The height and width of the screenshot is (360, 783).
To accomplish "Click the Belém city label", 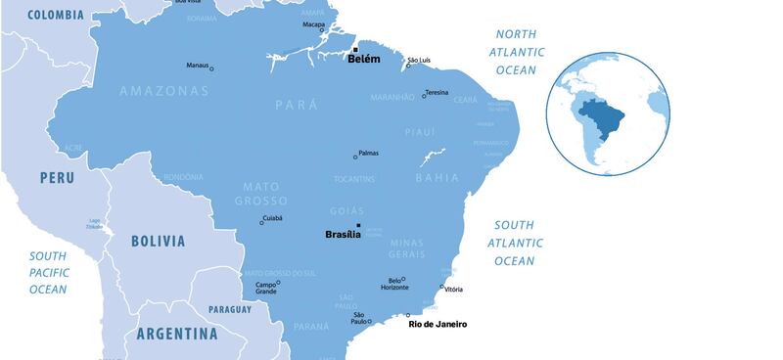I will click(363, 60).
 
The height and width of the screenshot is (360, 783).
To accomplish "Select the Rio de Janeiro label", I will click(438, 324).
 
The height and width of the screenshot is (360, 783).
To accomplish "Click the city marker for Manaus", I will click(211, 68).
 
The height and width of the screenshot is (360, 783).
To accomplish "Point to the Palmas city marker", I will click(355, 157).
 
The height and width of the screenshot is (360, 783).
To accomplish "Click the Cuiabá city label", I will click(274, 219).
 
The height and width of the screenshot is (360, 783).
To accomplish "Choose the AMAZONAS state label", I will click(163, 91).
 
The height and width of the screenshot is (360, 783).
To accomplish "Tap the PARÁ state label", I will click(297, 103).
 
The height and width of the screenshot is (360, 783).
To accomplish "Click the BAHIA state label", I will click(437, 178).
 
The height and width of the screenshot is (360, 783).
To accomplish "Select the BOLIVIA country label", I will click(158, 241).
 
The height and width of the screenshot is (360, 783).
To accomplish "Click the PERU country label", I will click(57, 178).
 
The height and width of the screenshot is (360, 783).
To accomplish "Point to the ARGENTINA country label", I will click(177, 334).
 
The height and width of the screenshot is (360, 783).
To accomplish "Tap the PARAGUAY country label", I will click(230, 309).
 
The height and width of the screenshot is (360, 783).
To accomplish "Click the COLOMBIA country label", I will click(56, 15).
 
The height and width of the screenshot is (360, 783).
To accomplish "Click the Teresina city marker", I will click(424, 96).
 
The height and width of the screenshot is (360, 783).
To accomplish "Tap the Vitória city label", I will click(453, 290).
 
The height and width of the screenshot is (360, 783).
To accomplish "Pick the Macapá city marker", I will click(322, 30).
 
